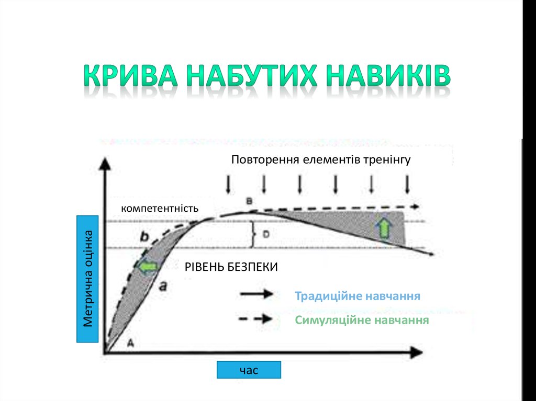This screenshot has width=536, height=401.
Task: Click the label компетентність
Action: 160,208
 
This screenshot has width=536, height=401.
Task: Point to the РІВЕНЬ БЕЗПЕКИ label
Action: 231,267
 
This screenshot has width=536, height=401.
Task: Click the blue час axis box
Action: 249,370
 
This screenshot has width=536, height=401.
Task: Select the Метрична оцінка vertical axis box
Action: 88,278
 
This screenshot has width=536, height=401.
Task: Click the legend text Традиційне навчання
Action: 358,296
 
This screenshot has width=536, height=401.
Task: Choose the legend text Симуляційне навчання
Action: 362,320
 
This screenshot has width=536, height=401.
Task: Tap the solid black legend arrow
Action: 256,294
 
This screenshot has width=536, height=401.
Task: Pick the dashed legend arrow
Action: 256,319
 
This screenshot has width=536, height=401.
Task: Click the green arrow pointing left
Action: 148,267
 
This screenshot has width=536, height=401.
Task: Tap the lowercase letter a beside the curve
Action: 163,285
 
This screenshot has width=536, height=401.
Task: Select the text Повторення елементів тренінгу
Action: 321,159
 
